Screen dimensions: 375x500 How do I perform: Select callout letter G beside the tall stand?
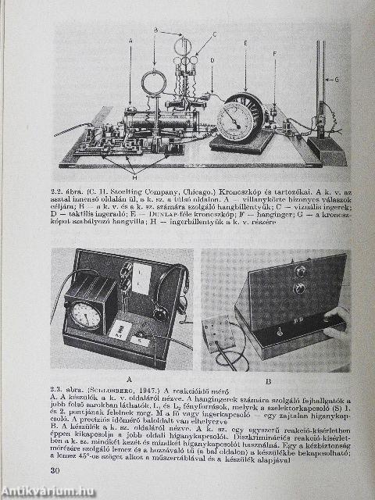tap(337, 79)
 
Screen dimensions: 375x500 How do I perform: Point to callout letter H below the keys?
tap(134, 177)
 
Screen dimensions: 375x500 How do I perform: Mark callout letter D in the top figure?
tap(212, 59)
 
